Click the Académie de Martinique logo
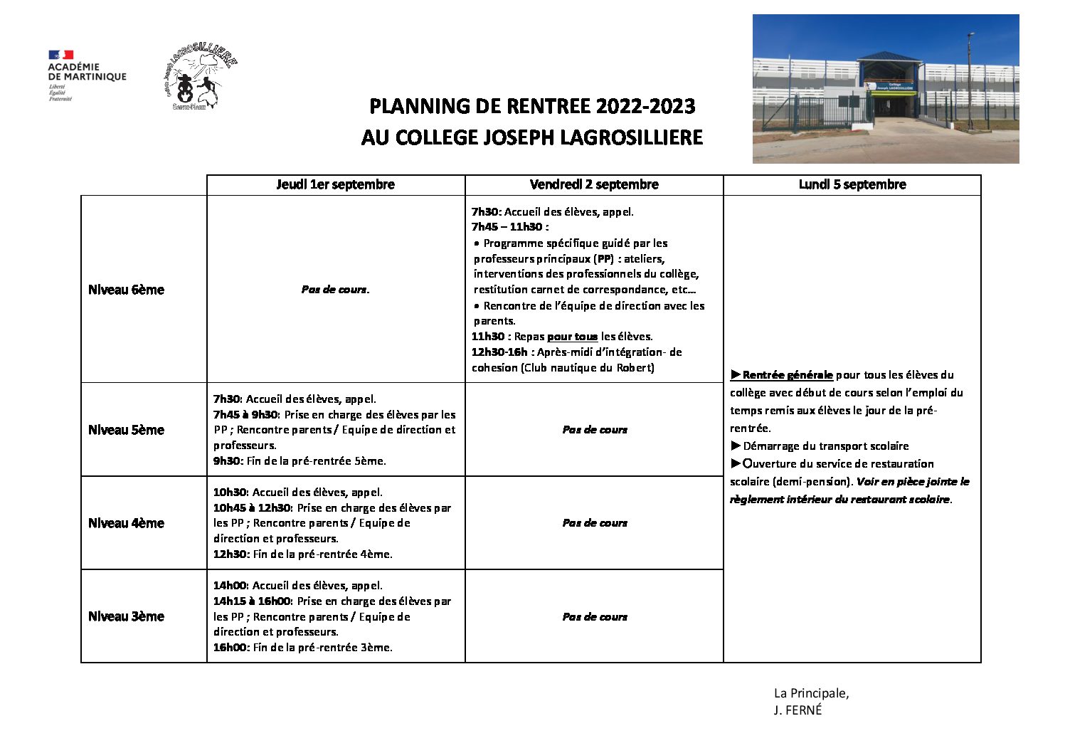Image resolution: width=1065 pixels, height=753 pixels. [86, 75]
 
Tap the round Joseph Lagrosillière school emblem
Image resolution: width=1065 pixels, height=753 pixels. [198, 79]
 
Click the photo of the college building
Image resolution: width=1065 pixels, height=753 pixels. [885, 89]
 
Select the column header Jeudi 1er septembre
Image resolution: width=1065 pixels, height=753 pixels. [335, 184]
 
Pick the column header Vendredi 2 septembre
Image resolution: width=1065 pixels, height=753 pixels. [594, 184]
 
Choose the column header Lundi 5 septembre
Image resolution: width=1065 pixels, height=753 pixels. [852, 184]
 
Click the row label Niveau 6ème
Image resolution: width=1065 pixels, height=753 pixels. [126, 290]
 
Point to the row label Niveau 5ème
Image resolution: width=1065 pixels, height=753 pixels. [126, 430]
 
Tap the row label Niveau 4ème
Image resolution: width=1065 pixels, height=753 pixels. [126, 523]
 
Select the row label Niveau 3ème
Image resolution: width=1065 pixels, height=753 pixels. [126, 616]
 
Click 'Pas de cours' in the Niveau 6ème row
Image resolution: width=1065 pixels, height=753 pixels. [335, 290]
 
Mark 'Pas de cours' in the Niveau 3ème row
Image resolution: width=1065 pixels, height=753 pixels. [595, 617]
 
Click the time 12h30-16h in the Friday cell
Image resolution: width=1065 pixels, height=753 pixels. [499, 352]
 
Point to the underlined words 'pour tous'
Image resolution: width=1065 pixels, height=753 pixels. [572, 337]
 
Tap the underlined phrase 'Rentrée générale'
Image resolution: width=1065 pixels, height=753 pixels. [787, 375]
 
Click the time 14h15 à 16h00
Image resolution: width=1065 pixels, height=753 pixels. [252, 601]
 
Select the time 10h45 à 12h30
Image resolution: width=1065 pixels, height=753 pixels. [252, 508]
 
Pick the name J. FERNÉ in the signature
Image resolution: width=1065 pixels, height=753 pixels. [798, 710]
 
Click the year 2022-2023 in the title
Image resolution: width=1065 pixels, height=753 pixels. [645, 107]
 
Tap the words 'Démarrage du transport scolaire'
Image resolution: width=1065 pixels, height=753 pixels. [825, 446]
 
